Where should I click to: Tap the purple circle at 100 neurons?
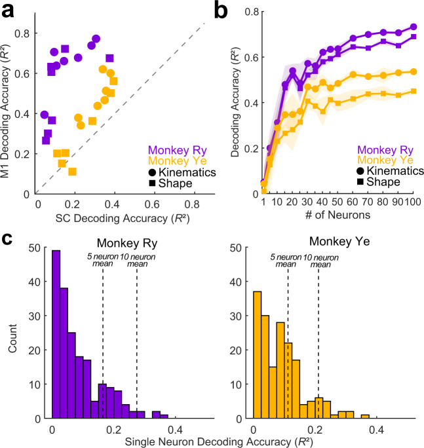point(414,27)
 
